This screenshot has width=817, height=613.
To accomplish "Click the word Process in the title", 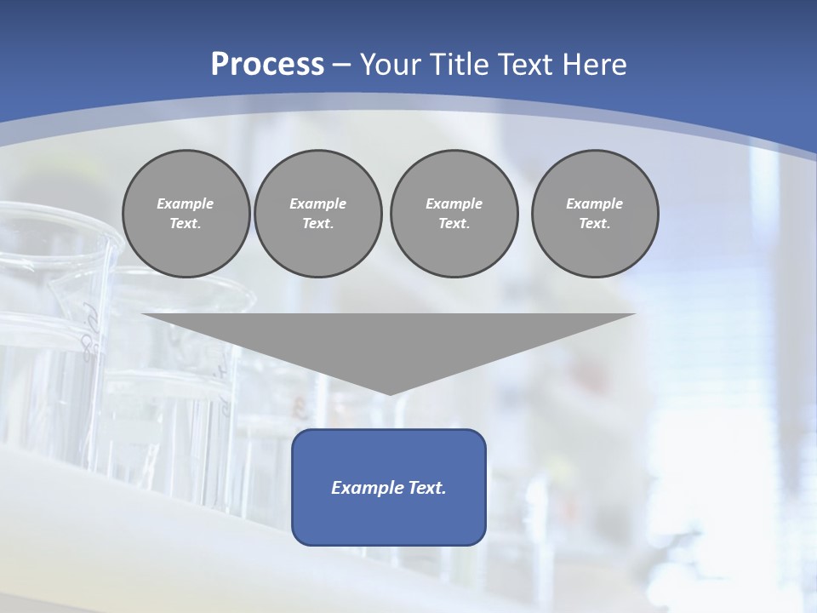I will [x=267, y=65].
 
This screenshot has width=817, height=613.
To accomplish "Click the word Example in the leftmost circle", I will [x=186, y=203].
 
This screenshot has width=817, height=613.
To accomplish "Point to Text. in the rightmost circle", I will [x=595, y=223].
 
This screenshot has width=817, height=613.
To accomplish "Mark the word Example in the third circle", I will [x=454, y=203].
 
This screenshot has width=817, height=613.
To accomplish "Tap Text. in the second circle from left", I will [x=317, y=223].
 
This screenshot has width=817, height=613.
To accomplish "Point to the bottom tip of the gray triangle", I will [x=389, y=392].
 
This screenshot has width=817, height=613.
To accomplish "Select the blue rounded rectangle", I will [x=389, y=519].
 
